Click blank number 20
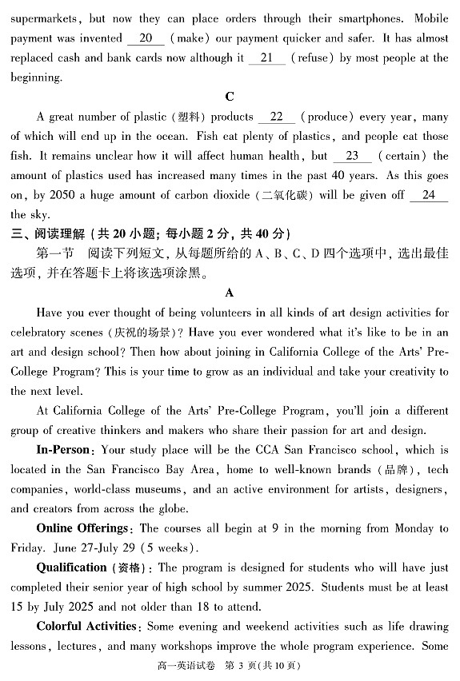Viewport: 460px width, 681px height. point(145,38)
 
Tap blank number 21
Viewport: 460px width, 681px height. point(266,58)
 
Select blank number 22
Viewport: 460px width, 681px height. point(277,117)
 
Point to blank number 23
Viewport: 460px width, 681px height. point(352,156)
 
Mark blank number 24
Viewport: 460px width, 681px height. point(429,195)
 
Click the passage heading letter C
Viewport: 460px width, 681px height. point(230,97)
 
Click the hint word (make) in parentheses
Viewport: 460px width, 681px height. point(189,38)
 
